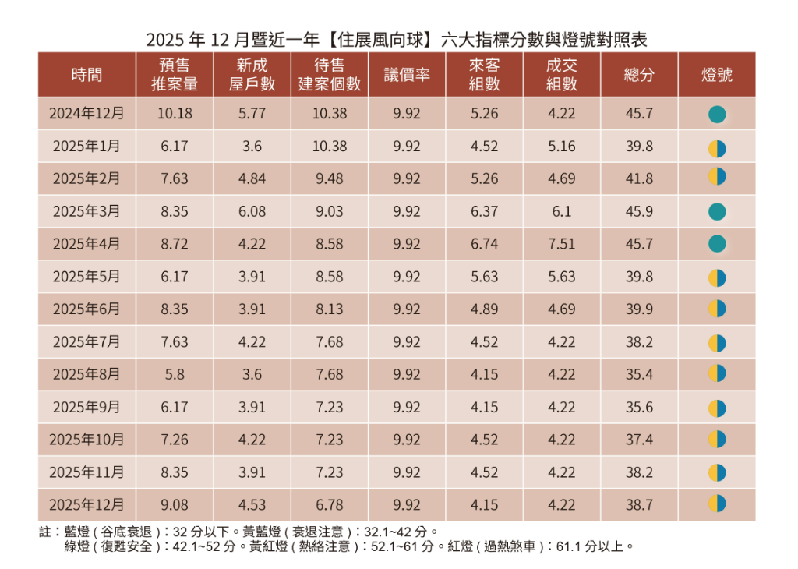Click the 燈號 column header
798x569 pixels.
pyautogui.click(x=717, y=75)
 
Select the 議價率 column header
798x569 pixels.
pyautogui.click(x=407, y=75)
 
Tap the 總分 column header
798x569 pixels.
pyautogui.click(x=639, y=75)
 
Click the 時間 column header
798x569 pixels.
pyautogui.click(x=87, y=75)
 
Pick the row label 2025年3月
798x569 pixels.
pyautogui.click(x=87, y=211)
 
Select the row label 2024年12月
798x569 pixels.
pyautogui.click(x=87, y=114)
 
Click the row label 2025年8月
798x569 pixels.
pyautogui.click(x=87, y=374)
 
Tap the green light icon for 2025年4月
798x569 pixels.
pyautogui.click(x=717, y=244)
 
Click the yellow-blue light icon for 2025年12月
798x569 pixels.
pyautogui.click(x=717, y=504)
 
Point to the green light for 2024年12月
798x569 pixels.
pyautogui.click(x=717, y=115)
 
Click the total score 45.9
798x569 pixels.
pyautogui.click(x=639, y=211)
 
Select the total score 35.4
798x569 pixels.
pyautogui.click(x=639, y=374)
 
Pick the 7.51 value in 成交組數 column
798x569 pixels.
pyautogui.click(x=562, y=244)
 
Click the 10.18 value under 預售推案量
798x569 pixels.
pyautogui.click(x=175, y=114)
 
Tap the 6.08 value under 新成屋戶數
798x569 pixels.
pyautogui.click(x=252, y=211)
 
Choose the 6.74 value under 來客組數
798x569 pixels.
pyautogui.click(x=485, y=244)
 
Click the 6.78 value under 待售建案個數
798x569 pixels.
pyautogui.click(x=330, y=504)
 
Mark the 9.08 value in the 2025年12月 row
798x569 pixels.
pyautogui.click(x=175, y=504)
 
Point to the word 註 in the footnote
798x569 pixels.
pyautogui.click(x=44, y=532)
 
